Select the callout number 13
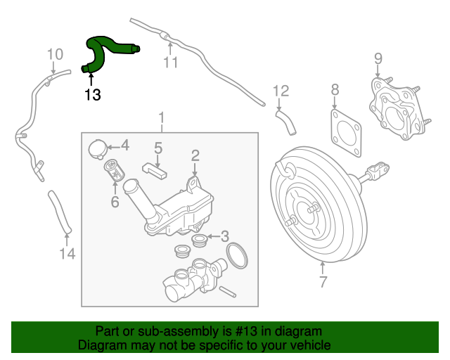pos(92,94)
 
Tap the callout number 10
pos(55,54)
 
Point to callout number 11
pos(171,64)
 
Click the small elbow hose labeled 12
pos(286,119)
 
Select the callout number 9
pos(378,58)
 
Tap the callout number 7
pos(323,283)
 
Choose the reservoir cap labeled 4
pos(98,148)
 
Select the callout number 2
pos(195,155)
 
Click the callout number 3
pos(224,236)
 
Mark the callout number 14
pos(66,254)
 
